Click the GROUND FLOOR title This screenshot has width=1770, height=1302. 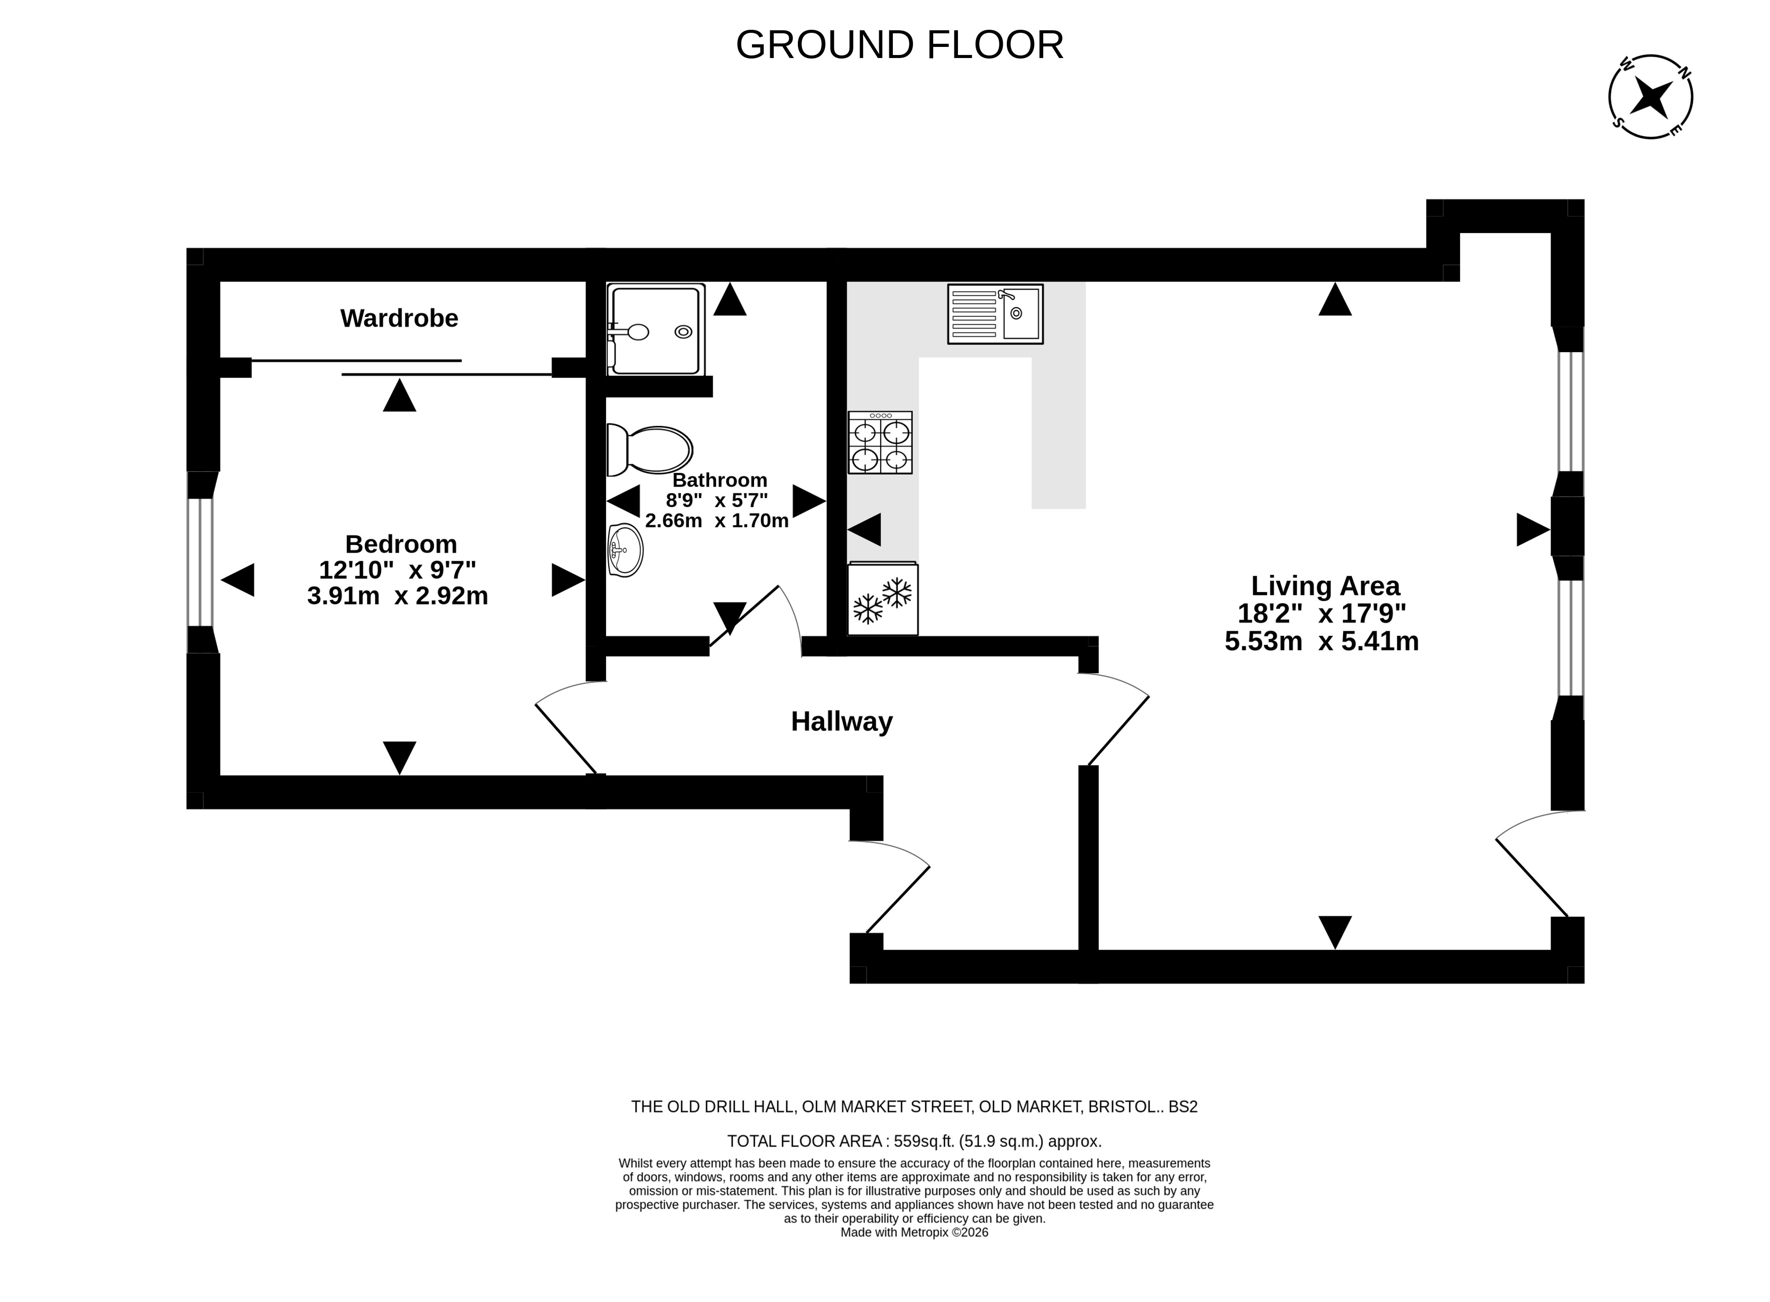point(899,45)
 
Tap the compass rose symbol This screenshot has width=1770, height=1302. point(1650,97)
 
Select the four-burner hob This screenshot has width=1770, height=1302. point(880,442)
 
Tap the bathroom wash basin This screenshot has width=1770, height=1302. point(626,550)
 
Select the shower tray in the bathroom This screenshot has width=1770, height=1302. point(656,330)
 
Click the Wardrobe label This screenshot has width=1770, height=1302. point(399,318)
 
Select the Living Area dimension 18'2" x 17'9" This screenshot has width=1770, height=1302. point(1322,613)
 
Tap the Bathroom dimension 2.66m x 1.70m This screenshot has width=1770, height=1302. point(716,521)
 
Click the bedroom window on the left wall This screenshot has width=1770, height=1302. point(200,562)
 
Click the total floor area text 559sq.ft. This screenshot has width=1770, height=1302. point(914,1141)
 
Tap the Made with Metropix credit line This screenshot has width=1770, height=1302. point(914,1232)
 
